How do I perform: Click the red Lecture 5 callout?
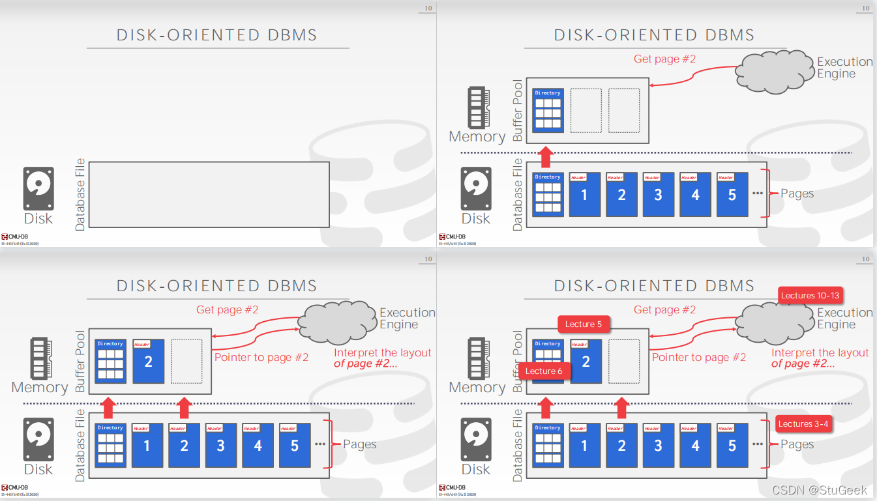584,324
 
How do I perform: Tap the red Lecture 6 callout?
544,371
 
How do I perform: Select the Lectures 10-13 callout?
810,296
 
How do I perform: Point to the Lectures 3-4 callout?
804,424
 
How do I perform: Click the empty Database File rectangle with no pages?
209,194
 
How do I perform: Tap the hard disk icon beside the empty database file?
38,189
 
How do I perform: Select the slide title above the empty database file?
217,35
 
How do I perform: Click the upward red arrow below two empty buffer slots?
546,158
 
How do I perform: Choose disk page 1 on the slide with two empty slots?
584,194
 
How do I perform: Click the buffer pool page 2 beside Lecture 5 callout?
586,361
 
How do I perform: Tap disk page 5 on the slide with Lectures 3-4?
732,446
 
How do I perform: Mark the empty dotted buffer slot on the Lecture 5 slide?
624,361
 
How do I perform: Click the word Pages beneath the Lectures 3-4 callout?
797,444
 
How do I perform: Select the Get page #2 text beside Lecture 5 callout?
664,310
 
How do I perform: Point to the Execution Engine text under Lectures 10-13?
844,319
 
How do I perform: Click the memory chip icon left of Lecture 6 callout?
477,357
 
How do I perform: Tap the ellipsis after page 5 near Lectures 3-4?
757,444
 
